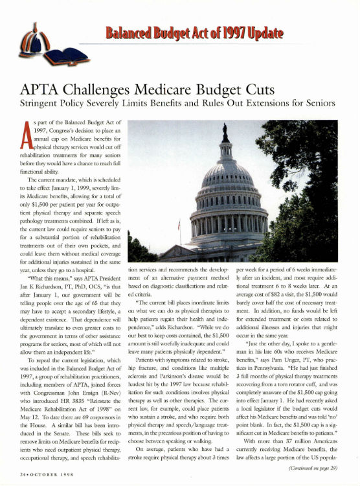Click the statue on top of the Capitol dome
pyautogui.click(x=225, y=132)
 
